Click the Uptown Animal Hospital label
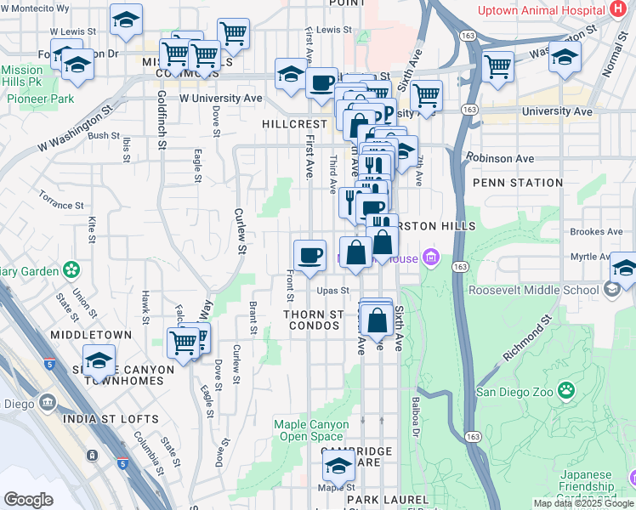(x=542, y=10)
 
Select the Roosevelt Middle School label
(x=533, y=289)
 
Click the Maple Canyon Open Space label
(x=311, y=430)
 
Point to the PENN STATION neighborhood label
(x=517, y=183)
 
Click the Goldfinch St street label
(x=162, y=120)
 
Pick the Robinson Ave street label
(x=500, y=158)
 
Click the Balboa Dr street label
(x=416, y=414)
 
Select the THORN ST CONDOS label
(x=314, y=320)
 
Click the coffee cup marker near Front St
(x=309, y=254)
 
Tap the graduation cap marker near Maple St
(x=338, y=466)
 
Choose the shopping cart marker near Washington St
(x=497, y=65)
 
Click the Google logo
(x=28, y=500)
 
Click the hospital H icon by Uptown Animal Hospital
(x=618, y=9)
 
